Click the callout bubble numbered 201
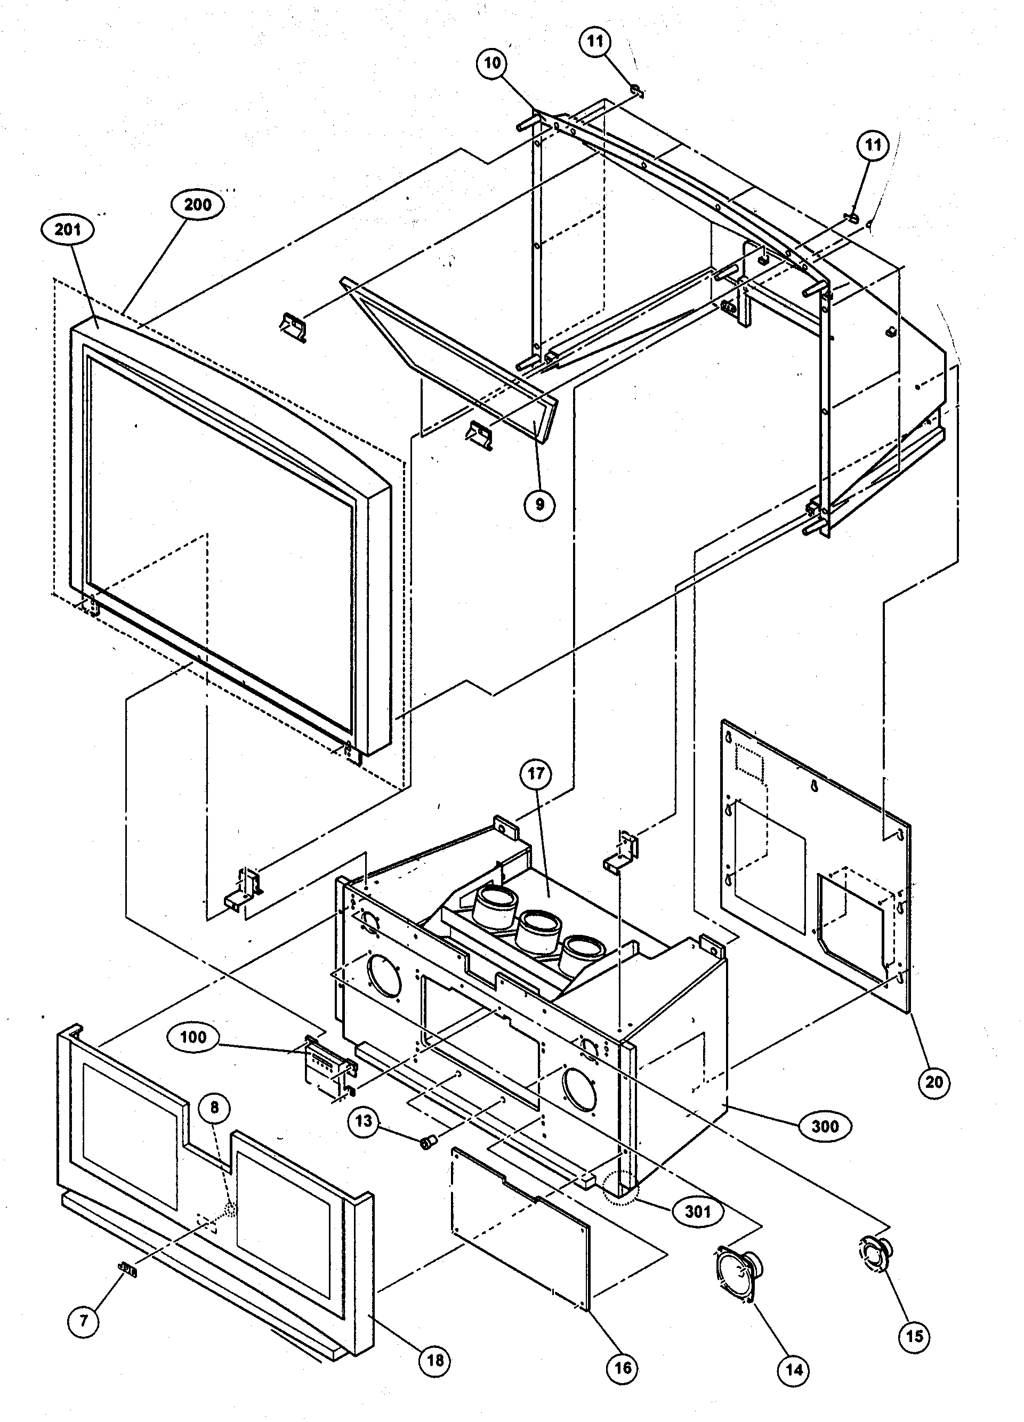[x=68, y=230]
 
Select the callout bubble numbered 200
[x=198, y=204]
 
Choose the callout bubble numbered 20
[x=934, y=1082]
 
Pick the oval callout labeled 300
[x=825, y=1126]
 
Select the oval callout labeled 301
[x=697, y=1212]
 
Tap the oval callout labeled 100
[x=192, y=1037]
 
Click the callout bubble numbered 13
[x=364, y=1121]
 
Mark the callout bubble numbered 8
[x=214, y=1108]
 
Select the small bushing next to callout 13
[x=427, y=1144]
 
